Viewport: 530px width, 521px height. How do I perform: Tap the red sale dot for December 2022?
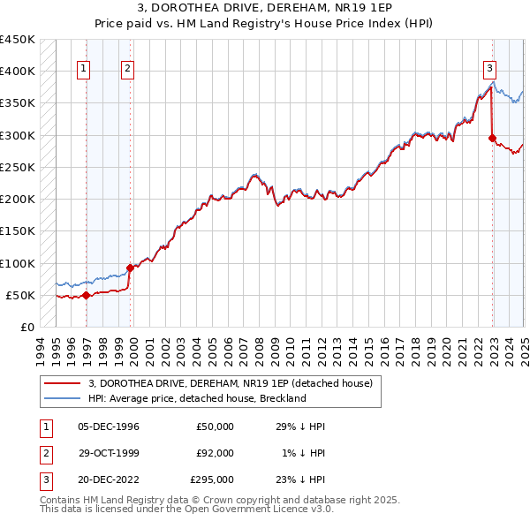pyautogui.click(x=492, y=137)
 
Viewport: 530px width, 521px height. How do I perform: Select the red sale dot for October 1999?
pyautogui.click(x=130, y=268)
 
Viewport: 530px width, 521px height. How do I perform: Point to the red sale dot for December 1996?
pyautogui.click(x=86, y=295)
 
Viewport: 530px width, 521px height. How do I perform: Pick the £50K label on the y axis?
pyautogui.click(x=20, y=295)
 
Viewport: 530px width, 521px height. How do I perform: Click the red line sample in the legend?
pyautogui.click(x=61, y=383)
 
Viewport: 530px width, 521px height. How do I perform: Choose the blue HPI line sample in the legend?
pyautogui.click(x=61, y=398)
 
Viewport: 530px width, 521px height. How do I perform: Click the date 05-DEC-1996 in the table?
pyautogui.click(x=109, y=427)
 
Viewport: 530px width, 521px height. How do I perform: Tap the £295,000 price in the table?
pyautogui.click(x=212, y=479)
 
